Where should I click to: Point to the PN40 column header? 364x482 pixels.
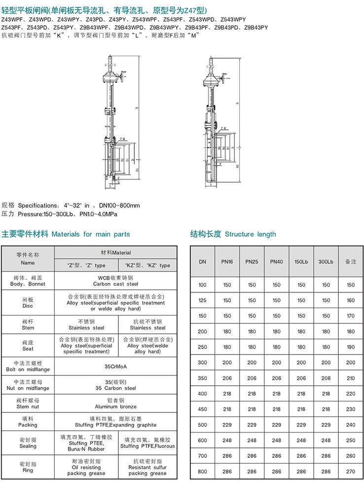coord(276,261)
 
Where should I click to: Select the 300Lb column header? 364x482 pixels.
coord(326,261)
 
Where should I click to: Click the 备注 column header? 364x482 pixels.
coord(351,261)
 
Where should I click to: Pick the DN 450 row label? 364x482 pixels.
coord(203,409)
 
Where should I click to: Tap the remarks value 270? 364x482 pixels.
coord(351,471)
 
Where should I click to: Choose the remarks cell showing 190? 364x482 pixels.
coord(351,347)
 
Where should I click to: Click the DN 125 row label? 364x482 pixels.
coord(203,300)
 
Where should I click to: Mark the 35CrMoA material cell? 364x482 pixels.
coord(116,367)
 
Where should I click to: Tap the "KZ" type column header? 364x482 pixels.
coord(147,266)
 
